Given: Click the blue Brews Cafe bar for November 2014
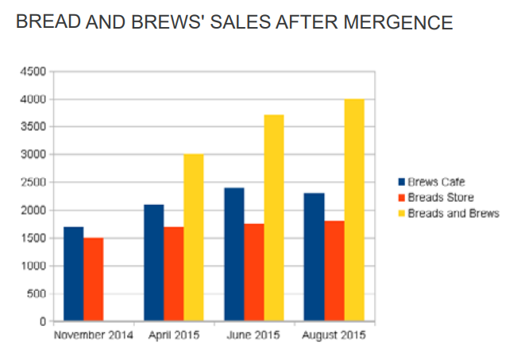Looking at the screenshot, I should click(x=73, y=274).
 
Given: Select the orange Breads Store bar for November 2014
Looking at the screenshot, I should click(x=93, y=280).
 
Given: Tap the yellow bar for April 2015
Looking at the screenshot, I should click(x=194, y=238).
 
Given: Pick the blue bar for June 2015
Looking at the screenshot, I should click(x=233, y=254).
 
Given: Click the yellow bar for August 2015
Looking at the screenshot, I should click(x=354, y=210).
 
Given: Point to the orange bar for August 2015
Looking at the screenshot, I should click(x=334, y=271).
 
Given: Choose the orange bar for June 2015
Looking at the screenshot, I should click(x=253, y=273).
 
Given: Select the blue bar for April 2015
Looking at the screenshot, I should click(x=153, y=263).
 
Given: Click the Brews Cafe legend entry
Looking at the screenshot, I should click(x=436, y=182).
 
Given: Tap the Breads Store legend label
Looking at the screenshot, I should click(x=441, y=197).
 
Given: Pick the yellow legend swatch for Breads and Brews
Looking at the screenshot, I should click(x=401, y=213).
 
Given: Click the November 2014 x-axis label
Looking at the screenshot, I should click(x=94, y=335).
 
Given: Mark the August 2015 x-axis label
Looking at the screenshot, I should click(x=334, y=335).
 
